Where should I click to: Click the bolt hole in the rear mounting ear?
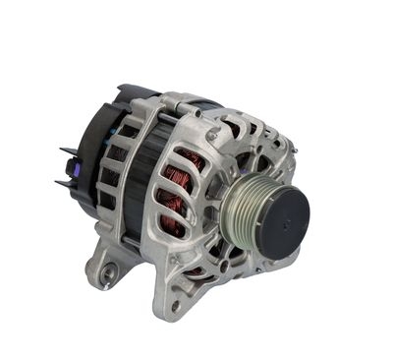(x=106, y=267)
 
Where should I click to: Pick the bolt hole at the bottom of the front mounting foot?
(x=174, y=305)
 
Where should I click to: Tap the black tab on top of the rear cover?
(x=126, y=92)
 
